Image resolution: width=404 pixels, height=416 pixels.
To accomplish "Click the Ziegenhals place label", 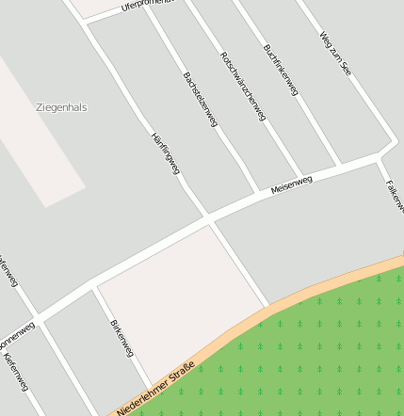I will point(61,107).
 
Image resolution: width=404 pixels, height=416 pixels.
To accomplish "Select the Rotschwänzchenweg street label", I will point(243,87).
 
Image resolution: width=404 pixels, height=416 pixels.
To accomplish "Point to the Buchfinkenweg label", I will point(281,70).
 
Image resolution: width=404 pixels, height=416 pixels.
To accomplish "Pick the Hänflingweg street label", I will point(165,152).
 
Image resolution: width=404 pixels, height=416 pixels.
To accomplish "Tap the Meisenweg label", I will point(291,184).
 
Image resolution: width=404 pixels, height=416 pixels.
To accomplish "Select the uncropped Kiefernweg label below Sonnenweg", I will point(17,373).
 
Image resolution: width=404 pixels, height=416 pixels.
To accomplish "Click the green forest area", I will point(320,358).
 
